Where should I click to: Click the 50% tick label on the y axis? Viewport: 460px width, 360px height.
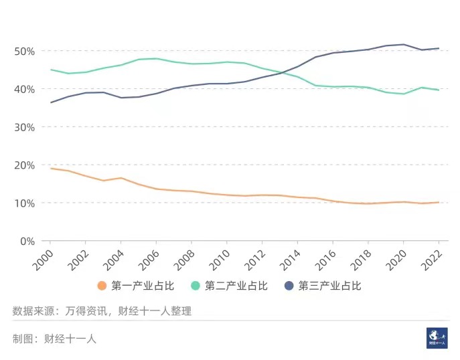click(25, 52)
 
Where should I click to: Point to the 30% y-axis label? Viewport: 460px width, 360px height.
click(25, 128)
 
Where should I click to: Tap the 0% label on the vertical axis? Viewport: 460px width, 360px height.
click(27, 242)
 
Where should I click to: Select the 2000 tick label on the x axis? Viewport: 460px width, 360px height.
click(43, 260)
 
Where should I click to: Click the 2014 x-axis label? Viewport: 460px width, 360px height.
click(290, 260)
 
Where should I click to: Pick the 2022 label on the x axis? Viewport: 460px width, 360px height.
click(432, 260)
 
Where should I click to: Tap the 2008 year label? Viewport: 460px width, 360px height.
click(184, 260)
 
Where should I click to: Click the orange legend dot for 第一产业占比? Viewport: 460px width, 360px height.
click(102, 286)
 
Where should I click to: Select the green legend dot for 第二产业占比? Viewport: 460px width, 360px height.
click(196, 286)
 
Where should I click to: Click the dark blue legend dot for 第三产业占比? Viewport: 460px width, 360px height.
click(289, 286)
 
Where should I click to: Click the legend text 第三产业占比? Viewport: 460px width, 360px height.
click(329, 286)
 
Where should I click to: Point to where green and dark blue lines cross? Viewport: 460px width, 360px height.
click(282, 72)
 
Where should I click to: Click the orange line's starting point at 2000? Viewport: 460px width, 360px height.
click(50, 169)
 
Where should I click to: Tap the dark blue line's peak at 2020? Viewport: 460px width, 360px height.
click(404, 45)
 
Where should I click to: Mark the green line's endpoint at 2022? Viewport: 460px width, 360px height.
click(439, 90)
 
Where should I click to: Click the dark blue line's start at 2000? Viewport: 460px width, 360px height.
click(50, 102)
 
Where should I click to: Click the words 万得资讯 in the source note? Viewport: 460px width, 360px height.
click(86, 311)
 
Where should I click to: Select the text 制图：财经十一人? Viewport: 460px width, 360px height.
click(54, 339)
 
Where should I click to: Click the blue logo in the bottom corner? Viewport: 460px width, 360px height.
click(437, 338)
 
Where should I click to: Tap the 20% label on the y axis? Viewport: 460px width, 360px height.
click(25, 165)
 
